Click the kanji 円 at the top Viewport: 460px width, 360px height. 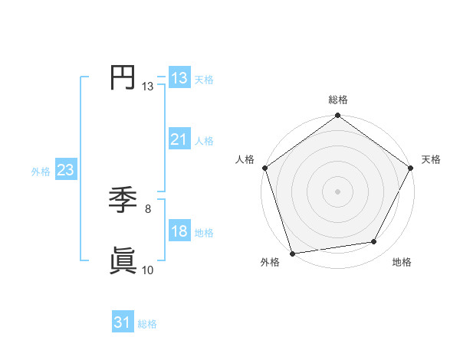[123, 77]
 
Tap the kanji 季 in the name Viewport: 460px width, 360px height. [123, 201]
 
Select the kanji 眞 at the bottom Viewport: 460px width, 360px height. [123, 261]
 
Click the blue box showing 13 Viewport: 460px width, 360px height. [179, 77]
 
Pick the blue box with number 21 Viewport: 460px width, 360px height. [179, 139]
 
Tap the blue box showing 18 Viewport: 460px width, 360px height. [179, 231]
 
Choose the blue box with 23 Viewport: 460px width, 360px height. [65, 170]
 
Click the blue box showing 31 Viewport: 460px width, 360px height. [122, 322]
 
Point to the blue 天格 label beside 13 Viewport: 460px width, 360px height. [204, 79]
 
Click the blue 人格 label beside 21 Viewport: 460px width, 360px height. [204, 141]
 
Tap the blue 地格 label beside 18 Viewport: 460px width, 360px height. [204, 233]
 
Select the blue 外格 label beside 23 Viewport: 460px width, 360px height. [41, 172]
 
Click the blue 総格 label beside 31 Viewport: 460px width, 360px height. [147, 324]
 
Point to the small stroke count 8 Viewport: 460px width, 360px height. [147, 208]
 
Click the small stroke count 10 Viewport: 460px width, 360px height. [148, 270]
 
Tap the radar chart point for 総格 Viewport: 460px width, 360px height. [337, 116]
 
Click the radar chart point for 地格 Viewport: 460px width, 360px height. [374, 242]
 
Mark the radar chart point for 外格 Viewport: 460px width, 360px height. [293, 254]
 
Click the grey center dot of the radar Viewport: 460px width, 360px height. [337, 191]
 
